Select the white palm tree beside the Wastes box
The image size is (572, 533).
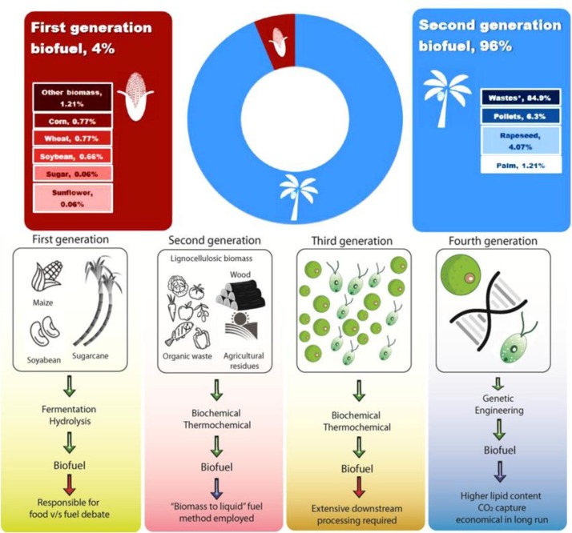(x=445, y=96)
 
